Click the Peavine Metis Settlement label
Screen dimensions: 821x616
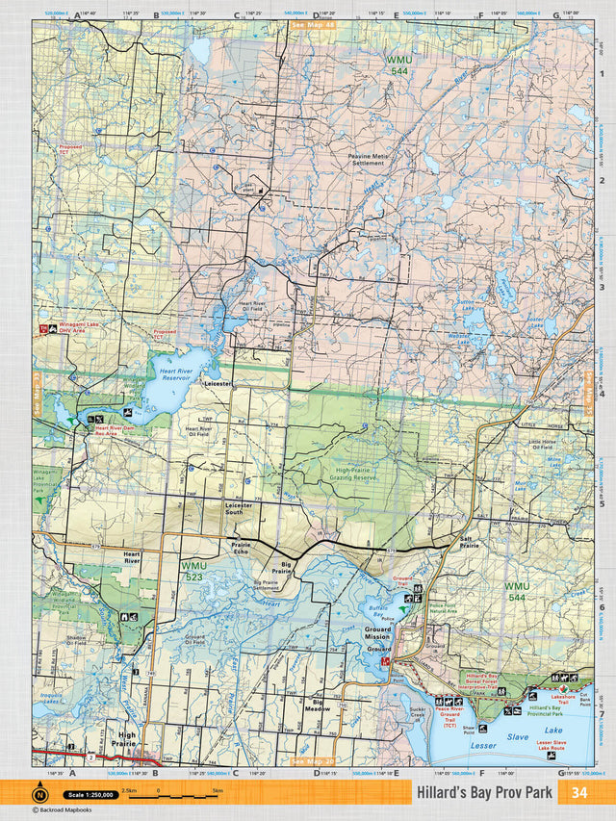pos(366,159)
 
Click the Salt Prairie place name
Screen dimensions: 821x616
pos(469,543)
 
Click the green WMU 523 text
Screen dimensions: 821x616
pos(192,570)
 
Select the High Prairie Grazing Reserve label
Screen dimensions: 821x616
pos(343,474)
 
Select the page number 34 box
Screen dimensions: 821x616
pos(578,792)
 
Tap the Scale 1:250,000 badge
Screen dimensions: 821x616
pos(91,794)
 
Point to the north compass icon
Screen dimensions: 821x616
pos(39,794)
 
